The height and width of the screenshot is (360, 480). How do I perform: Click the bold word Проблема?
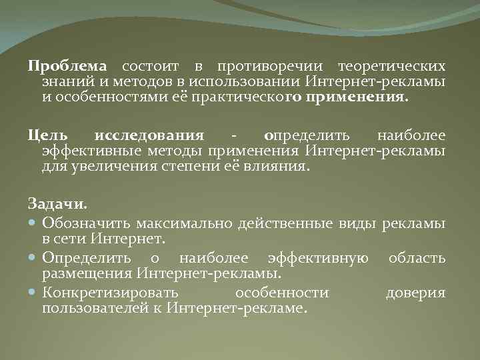tap(67, 67)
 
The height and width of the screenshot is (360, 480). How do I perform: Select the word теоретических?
tap(391, 67)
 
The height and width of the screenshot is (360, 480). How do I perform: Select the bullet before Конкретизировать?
tap(33, 293)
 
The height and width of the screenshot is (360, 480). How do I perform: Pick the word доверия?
tap(415, 293)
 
